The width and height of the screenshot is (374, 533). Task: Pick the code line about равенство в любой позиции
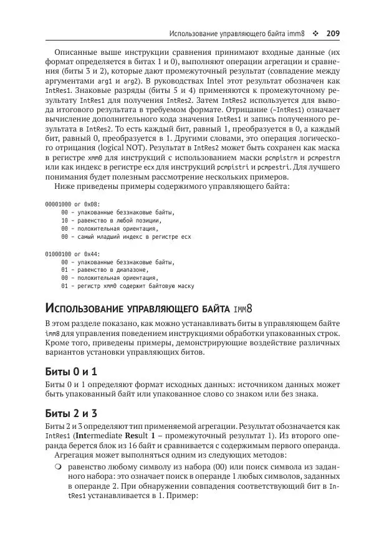(x=112, y=221)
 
